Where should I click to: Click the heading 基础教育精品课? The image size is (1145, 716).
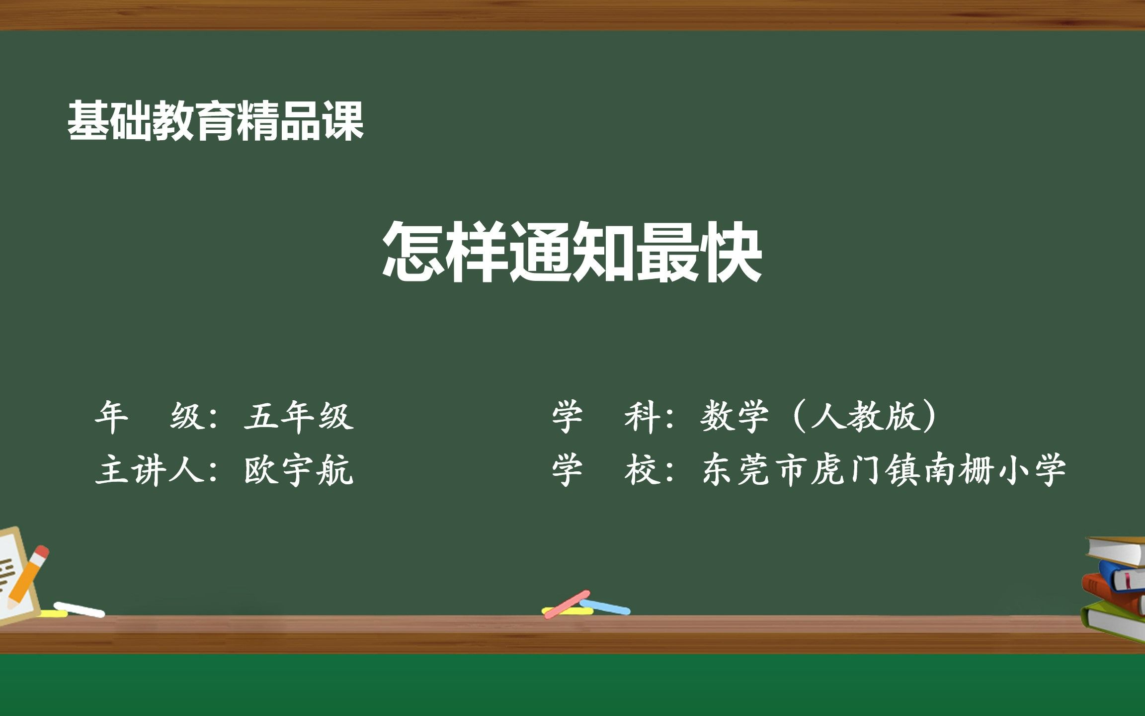pyautogui.click(x=216, y=121)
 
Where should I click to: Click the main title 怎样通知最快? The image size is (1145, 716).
pyautogui.click(x=572, y=252)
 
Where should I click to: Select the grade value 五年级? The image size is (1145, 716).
pyautogui.click(x=299, y=416)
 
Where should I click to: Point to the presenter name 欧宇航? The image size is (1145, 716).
pyautogui.click(x=299, y=470)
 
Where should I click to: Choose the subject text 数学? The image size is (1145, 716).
pyautogui.click(x=734, y=416)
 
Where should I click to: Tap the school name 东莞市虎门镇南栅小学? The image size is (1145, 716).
pyautogui.click(x=884, y=470)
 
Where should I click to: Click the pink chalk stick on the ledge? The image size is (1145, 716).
pyautogui.click(x=567, y=604)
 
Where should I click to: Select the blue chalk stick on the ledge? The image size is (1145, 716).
pyautogui.click(x=605, y=607)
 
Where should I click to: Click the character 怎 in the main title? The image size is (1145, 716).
pyautogui.click(x=412, y=252)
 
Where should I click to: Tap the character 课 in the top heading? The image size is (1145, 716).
pyautogui.click(x=344, y=121)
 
